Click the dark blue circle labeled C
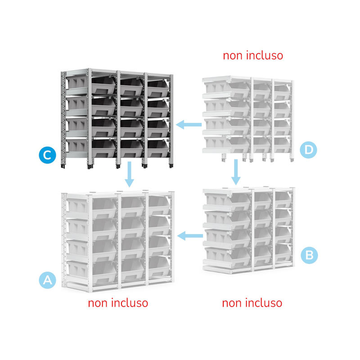47,155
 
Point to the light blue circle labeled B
308,255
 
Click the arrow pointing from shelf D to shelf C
189,125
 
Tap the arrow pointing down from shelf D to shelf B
235,171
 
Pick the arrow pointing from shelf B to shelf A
190,235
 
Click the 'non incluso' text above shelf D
253,55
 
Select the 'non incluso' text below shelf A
118,303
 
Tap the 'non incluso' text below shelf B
252,303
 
